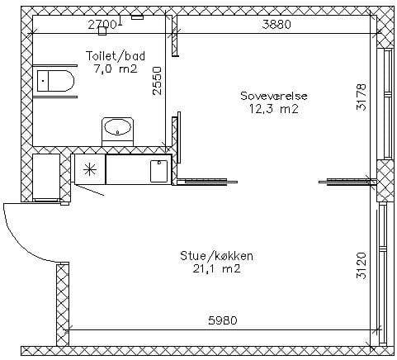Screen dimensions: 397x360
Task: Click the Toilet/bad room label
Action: tap(116, 56)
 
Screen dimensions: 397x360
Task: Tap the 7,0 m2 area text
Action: tap(116, 69)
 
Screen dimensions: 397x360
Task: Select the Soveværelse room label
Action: tap(274, 96)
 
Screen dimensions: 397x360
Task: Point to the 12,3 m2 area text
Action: tap(274, 109)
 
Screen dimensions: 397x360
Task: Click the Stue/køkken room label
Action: tap(216, 256)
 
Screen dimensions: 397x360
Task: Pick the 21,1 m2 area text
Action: tap(216, 268)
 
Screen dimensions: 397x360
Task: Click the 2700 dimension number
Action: tap(102, 25)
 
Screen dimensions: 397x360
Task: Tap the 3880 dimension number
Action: tap(276, 25)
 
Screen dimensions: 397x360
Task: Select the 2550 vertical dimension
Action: tap(157, 81)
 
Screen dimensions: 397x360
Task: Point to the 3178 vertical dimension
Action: tap(362, 97)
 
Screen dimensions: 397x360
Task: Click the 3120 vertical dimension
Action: tap(362, 266)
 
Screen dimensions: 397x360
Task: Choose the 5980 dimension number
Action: tap(222, 320)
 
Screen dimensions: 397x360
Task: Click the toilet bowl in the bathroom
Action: tap(56, 81)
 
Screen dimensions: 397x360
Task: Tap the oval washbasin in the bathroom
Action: tap(117, 127)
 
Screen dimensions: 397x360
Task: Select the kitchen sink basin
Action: tap(158, 171)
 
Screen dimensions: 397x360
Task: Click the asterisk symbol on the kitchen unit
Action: tap(90, 169)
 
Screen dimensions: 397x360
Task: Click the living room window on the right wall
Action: tap(382, 274)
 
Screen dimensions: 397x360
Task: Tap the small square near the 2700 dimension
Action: tap(102, 31)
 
